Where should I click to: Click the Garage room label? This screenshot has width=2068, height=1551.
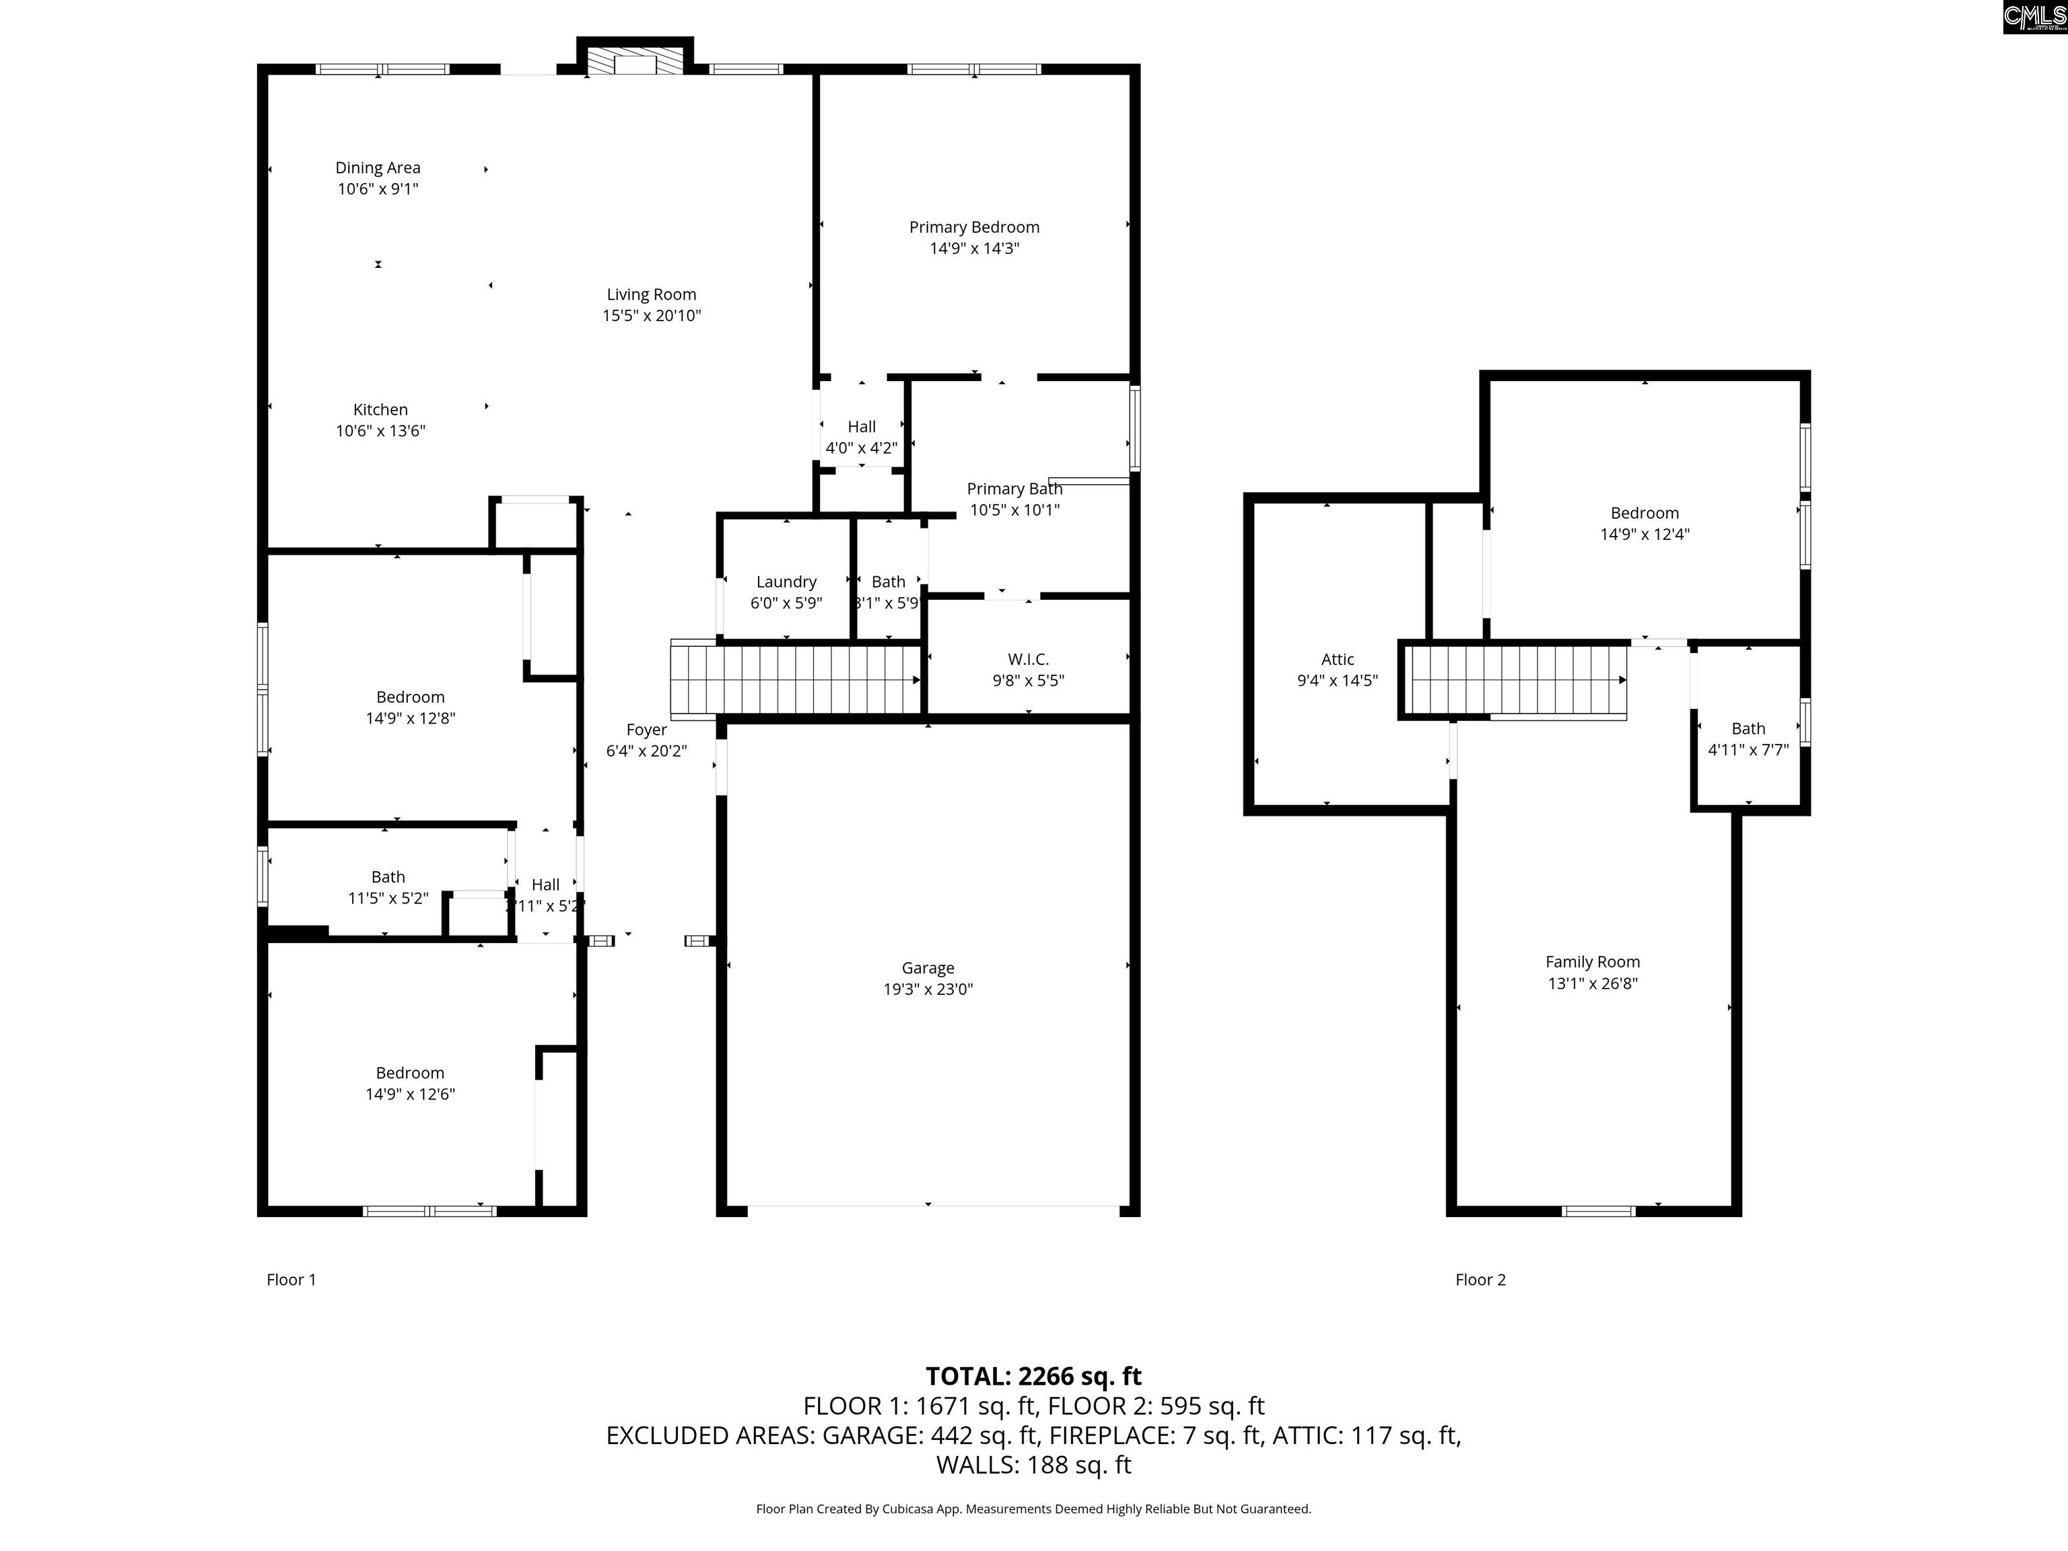[928, 967]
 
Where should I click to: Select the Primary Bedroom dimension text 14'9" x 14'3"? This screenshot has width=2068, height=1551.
[974, 248]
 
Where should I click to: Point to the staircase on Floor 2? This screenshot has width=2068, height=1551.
[1517, 680]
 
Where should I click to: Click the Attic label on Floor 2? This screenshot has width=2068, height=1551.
[1337, 659]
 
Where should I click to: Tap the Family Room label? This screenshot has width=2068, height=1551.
[1592, 961]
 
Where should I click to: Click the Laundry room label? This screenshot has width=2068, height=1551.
[786, 582]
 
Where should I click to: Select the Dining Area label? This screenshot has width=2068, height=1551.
[378, 168]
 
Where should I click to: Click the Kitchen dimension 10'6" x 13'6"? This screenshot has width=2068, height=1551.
[380, 430]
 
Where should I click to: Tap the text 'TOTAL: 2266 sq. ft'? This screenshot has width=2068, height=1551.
[1033, 1376]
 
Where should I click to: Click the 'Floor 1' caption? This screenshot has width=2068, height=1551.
[291, 1279]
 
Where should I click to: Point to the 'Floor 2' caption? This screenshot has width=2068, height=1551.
[1480, 1279]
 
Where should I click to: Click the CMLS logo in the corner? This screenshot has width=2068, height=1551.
[2034, 17]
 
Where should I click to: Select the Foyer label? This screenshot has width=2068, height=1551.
[646, 729]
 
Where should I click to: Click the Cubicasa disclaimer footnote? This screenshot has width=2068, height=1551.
[1033, 1508]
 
